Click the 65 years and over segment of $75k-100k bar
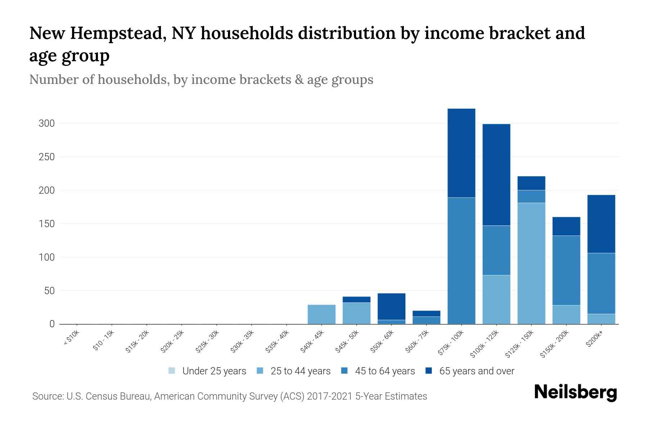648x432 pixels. [461, 153]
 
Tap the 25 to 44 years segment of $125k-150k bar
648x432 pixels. [531, 263]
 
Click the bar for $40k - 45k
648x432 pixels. [321, 314]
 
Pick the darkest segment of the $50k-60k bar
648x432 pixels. [391, 306]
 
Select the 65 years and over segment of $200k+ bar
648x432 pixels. [601, 224]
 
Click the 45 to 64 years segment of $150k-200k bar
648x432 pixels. [566, 270]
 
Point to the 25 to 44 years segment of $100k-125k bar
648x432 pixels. [496, 300]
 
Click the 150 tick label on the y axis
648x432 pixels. [46, 224]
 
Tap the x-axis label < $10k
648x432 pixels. [71, 338]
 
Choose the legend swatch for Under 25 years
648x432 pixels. [172, 371]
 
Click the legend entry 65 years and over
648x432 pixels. [476, 371]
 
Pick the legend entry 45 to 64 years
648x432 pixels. [384, 371]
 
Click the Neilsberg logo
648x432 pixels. [575, 392]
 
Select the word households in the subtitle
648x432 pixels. [132, 80]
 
